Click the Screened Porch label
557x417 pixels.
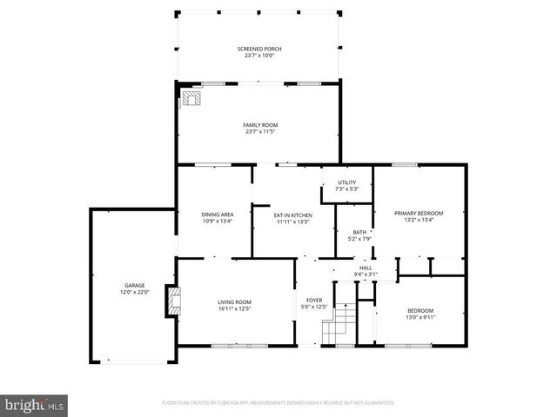coord(259,49)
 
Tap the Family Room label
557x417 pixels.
coord(259,125)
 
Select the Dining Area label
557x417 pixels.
coord(217,215)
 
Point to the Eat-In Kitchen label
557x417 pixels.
coord(292,215)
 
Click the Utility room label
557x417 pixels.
coord(346,182)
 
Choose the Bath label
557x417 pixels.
coord(359,232)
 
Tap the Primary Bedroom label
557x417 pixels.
coord(418,214)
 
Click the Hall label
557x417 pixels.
coord(366,268)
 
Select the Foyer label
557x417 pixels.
coord(312,301)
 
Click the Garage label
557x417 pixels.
coord(134,286)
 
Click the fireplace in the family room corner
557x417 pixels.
coord(190,99)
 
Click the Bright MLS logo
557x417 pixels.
coord(34,404)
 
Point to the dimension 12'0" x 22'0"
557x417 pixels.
coord(134,292)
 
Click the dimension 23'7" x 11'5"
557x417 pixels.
coord(259,131)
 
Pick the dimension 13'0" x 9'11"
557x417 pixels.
coord(420,316)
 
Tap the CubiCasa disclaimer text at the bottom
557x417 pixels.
coord(278,403)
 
